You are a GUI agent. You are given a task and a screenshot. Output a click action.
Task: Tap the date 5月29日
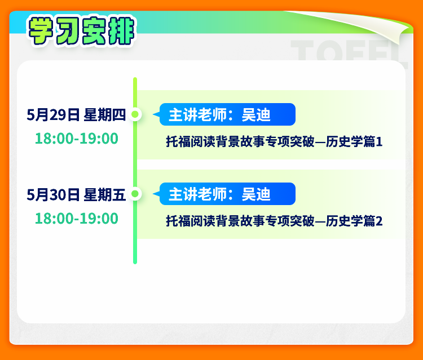[53, 115]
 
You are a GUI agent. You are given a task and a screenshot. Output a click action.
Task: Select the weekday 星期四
[105, 115]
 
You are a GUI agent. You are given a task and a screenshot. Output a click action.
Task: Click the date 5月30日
[53, 194]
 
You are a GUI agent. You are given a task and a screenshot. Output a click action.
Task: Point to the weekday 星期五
[105, 194]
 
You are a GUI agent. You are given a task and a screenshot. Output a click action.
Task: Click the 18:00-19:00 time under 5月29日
[77, 139]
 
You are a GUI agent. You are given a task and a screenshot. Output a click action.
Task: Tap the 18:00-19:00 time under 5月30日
[77, 218]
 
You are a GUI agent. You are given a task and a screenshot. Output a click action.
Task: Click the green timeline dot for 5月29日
[135, 114]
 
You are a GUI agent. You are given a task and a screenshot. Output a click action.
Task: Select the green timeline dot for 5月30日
[135, 193]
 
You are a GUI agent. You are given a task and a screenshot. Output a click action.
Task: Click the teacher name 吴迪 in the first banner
[256, 115]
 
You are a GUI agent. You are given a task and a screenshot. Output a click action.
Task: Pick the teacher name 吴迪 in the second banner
[256, 194]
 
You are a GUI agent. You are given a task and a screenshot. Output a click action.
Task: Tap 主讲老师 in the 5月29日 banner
[197, 115]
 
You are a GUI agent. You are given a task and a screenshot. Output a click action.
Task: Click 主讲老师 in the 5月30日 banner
[197, 194]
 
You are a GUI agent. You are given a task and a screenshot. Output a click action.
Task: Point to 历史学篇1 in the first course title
[354, 141]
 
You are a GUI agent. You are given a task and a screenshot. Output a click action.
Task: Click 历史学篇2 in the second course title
[354, 221]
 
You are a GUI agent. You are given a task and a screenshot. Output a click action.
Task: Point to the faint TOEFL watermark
[348, 51]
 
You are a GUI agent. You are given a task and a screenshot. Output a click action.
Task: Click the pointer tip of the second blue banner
[153, 194]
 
